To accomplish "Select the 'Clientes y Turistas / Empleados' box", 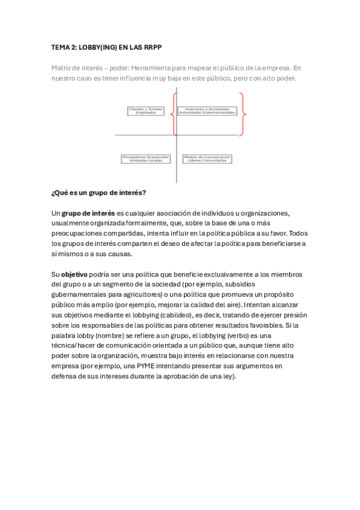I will click(x=146, y=111).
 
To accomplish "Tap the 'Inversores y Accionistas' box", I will click(x=207, y=111).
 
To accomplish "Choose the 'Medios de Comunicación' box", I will click(x=207, y=159).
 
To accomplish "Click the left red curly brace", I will click(x=174, y=113).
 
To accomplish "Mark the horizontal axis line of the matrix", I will click(x=144, y=135).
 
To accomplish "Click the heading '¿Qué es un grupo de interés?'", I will click(x=99, y=193).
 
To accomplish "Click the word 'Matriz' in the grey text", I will click(x=62, y=68).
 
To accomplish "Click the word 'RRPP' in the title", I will click(x=151, y=46).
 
